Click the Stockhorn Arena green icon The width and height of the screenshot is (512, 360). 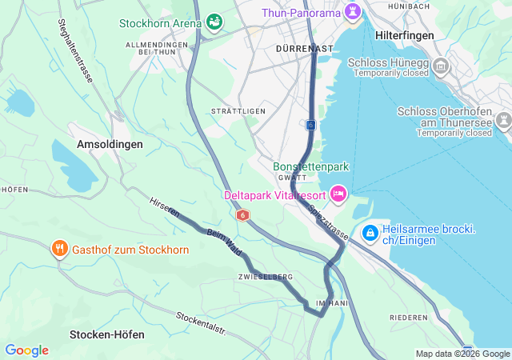pyautogui.click(x=214, y=22)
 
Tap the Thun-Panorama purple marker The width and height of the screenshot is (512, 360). pyautogui.click(x=352, y=12)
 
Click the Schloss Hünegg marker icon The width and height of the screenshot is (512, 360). pyautogui.click(x=442, y=67)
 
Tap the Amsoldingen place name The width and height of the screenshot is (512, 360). pyautogui.click(x=110, y=144)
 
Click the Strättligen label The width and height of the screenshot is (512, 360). pyautogui.click(x=238, y=110)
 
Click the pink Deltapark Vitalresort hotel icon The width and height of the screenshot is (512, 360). pyautogui.click(x=338, y=194)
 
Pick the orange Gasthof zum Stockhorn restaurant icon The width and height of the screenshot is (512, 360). pyautogui.click(x=59, y=250)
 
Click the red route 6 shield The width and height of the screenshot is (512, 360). pyautogui.click(x=242, y=215)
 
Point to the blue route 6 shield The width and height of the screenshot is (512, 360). pyautogui.click(x=310, y=125)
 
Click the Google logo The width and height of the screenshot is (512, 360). pyautogui.click(x=26, y=350)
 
